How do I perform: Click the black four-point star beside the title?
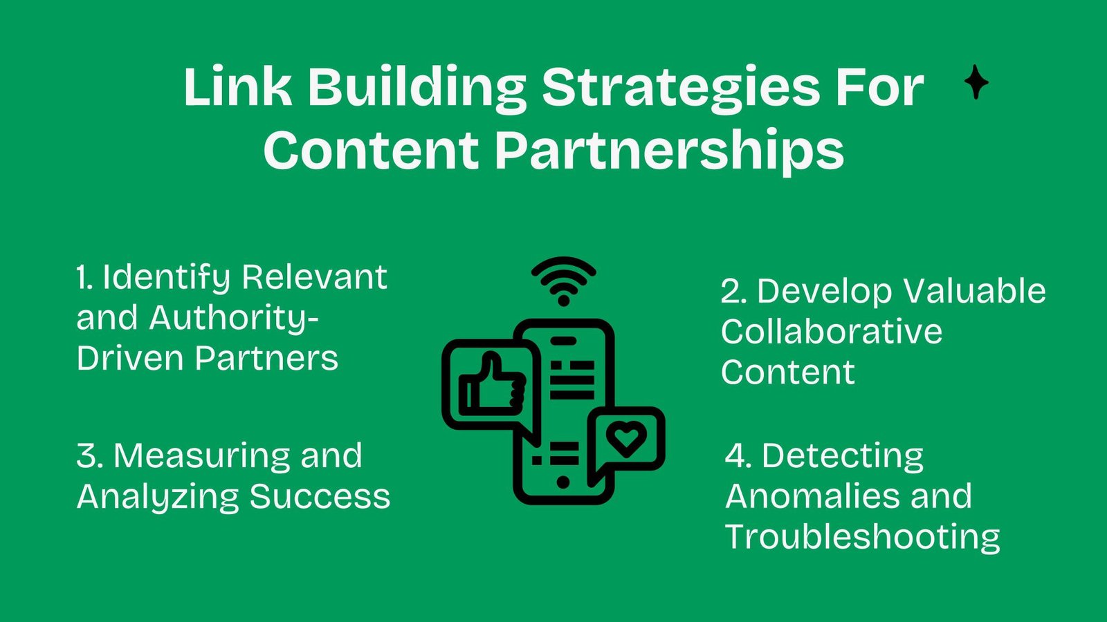point(976,82)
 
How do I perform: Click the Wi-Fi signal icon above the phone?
point(564,281)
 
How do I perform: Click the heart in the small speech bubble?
point(626,439)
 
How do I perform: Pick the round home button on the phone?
point(562,481)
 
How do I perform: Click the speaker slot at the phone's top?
point(563,341)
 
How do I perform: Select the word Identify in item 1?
point(167,278)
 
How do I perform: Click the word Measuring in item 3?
point(202,457)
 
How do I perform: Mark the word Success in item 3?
point(320,497)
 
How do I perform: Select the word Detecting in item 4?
point(843,457)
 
